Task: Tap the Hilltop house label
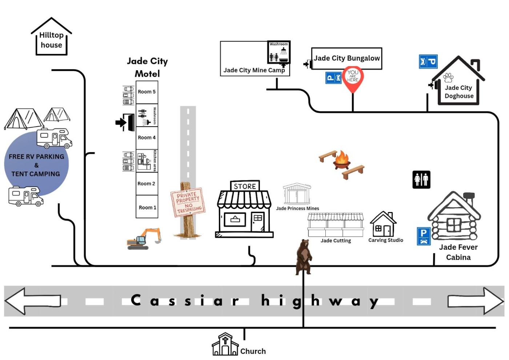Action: tap(51, 40)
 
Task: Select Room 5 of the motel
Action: tap(147, 92)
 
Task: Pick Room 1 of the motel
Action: tap(147, 207)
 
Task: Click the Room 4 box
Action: tap(147, 138)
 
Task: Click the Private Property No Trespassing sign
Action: tap(188, 202)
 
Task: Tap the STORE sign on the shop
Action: tap(245, 186)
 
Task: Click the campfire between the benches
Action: tap(342, 160)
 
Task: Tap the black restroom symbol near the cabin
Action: tap(421, 180)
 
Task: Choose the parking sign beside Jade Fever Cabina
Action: tap(424, 236)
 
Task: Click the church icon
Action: tap(225, 344)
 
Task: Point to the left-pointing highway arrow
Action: tap(33, 301)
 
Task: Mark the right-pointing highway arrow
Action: tap(476, 301)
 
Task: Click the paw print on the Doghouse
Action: tap(448, 78)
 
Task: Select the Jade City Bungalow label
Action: tap(347, 58)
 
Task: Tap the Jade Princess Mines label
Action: tap(297, 208)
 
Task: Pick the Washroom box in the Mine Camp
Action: tap(279, 52)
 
